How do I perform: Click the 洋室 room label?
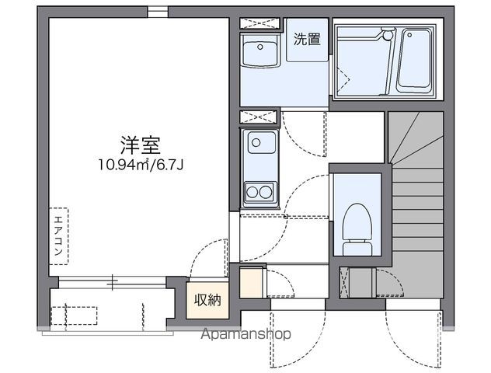(141, 145)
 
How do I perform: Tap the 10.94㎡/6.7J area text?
(141, 165)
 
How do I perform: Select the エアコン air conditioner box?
(58, 236)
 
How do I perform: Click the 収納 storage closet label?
(207, 300)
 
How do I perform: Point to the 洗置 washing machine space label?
(307, 39)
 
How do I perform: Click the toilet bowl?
(357, 222)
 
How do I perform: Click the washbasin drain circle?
(260, 47)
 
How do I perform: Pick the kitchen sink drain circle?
(256, 143)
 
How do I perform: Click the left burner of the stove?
(252, 192)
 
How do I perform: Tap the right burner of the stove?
(266, 192)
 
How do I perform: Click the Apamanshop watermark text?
(245, 335)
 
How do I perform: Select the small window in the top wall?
(158, 12)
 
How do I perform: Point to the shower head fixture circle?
(388, 35)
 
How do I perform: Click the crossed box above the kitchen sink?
(259, 117)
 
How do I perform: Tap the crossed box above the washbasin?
(259, 23)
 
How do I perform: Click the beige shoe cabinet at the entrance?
(251, 282)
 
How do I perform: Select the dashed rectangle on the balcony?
(74, 315)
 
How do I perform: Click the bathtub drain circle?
(409, 35)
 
